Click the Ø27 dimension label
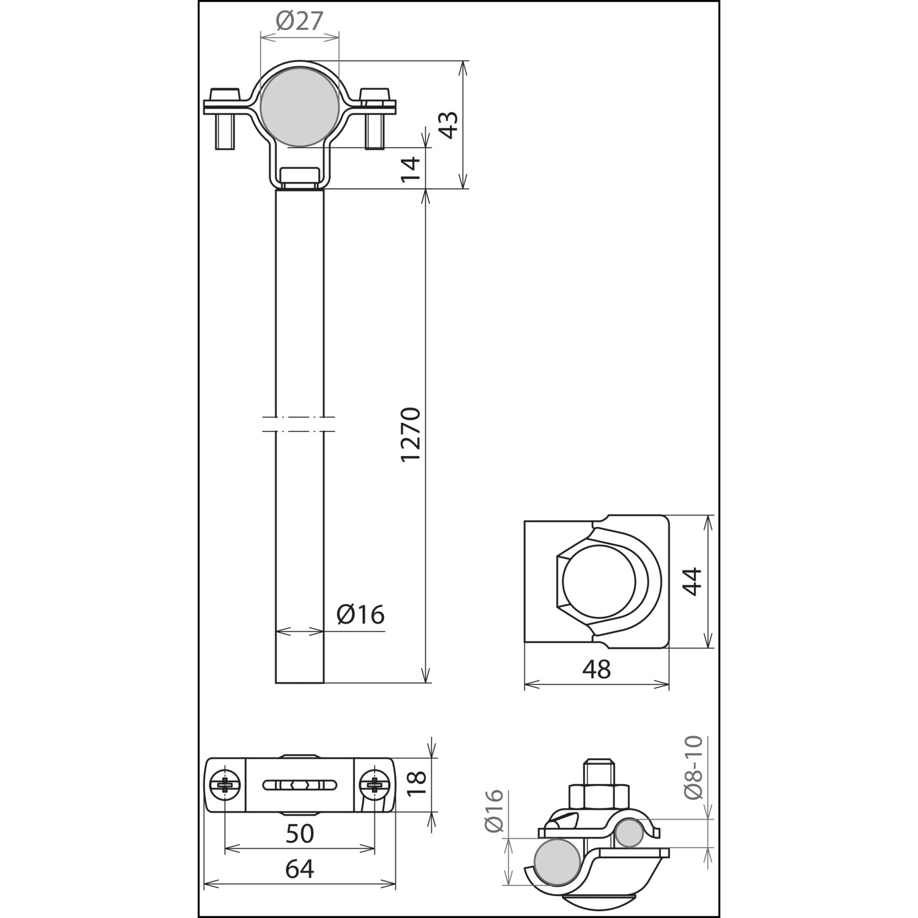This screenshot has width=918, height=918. pyautogui.click(x=299, y=21)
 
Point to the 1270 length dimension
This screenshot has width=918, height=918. pyautogui.click(x=411, y=434)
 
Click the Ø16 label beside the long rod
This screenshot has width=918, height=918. pyautogui.click(x=360, y=614)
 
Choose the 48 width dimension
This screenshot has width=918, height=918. pyautogui.click(x=597, y=670)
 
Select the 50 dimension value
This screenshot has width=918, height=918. pyautogui.click(x=300, y=833)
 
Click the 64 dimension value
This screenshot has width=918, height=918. pyautogui.click(x=300, y=868)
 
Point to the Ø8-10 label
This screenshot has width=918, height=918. pyautogui.click(x=693, y=768)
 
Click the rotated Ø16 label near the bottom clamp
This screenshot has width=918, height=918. pyautogui.click(x=493, y=811)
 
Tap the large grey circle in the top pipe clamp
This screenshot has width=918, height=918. pyautogui.click(x=299, y=108)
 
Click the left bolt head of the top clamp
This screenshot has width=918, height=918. pyautogui.click(x=224, y=95)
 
